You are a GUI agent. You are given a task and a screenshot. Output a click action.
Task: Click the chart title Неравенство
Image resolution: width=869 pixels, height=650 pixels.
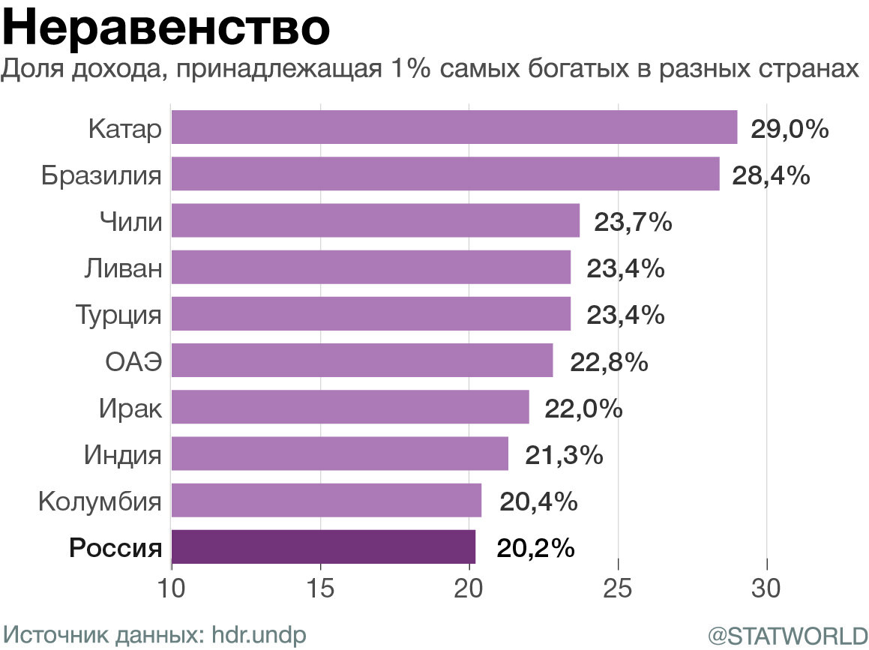click(x=166, y=28)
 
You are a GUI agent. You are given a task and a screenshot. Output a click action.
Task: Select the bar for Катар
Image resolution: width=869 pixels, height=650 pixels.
click(x=454, y=127)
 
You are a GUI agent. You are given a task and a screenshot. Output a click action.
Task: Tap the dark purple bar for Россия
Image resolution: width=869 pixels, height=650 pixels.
click(x=323, y=547)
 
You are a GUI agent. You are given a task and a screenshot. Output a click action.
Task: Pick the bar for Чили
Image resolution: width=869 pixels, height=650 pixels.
click(x=375, y=220)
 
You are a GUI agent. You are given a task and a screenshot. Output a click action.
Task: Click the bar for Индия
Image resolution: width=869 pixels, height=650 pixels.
click(x=340, y=454)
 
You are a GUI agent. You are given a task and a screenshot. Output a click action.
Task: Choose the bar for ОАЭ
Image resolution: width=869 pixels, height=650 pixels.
click(x=362, y=361)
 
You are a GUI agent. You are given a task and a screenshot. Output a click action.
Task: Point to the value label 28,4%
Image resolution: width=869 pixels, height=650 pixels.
click(x=772, y=176)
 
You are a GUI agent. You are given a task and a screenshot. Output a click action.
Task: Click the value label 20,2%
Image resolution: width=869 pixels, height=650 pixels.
click(x=535, y=548)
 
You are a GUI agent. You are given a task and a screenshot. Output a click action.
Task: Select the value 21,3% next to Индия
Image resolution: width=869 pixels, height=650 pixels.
click(x=564, y=455)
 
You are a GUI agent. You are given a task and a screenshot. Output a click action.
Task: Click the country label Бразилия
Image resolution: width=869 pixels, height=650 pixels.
click(x=101, y=176)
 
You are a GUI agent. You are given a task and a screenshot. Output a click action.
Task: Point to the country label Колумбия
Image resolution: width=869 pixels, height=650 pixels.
click(x=100, y=500)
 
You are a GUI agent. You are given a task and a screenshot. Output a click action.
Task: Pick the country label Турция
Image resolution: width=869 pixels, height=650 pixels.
click(x=118, y=314)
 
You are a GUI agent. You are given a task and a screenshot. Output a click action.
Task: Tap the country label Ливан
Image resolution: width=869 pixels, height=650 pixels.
click(x=124, y=268)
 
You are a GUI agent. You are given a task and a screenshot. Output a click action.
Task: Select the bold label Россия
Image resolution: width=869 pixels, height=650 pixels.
click(x=115, y=548)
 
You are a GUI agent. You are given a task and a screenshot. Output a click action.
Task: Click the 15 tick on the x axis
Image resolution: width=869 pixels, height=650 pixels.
click(x=320, y=587)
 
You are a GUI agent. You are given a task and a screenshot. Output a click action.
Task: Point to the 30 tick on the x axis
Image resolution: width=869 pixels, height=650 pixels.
click(x=767, y=587)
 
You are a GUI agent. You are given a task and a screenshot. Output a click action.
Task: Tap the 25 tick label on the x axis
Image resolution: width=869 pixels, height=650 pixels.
click(x=618, y=587)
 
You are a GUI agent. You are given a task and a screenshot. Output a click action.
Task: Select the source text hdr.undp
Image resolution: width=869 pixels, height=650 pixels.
click(x=259, y=634)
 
